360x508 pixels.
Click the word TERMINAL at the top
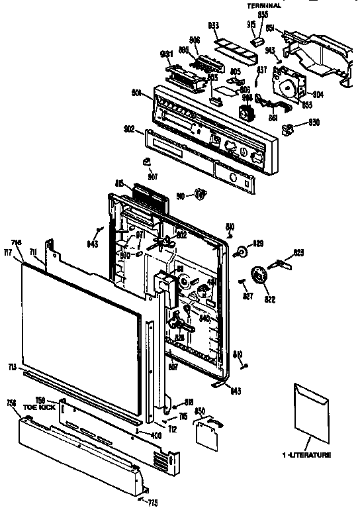click(265, 5)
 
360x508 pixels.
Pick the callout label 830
click(313, 123)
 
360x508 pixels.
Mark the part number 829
click(258, 242)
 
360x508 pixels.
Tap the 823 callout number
click(299, 252)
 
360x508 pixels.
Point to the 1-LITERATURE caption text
click(306, 455)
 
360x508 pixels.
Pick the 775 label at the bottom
click(154, 502)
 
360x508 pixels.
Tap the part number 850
click(199, 411)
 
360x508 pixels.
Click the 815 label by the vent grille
click(119, 183)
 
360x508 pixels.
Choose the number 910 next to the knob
click(181, 195)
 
